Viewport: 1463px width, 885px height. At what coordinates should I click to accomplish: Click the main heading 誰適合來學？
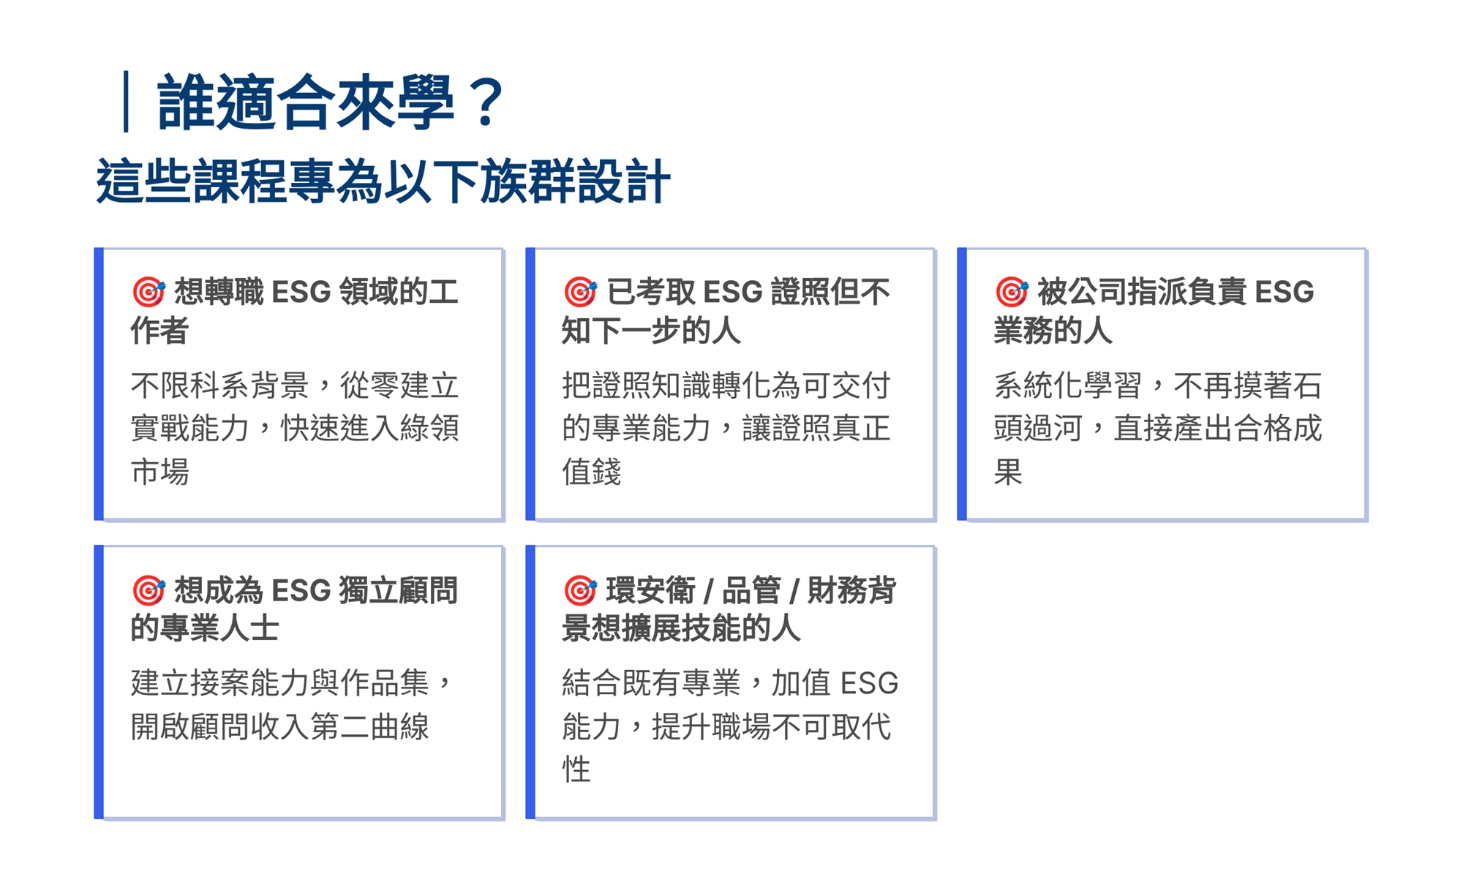pos(331,102)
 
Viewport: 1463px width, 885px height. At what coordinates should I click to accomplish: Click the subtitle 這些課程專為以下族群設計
pos(383,181)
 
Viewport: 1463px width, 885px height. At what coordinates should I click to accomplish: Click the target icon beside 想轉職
pos(148,292)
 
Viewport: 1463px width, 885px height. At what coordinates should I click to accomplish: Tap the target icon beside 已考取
pos(580,292)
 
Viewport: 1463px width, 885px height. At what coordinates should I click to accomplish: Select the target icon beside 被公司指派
pos(1012,292)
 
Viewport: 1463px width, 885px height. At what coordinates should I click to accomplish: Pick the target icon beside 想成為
pos(148,590)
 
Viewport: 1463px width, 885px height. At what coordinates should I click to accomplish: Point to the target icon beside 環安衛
pos(580,590)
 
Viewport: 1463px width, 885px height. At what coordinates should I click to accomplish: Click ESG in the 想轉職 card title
pos(301,293)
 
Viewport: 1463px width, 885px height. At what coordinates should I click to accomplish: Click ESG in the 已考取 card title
pos(733,293)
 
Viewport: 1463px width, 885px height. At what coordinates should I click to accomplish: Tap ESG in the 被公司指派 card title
pos(1285,293)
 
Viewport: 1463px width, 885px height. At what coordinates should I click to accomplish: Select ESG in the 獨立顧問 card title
pos(301,591)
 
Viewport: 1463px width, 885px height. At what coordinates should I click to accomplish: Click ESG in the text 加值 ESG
pos(870,683)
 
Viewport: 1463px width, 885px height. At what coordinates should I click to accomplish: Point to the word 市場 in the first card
pos(160,472)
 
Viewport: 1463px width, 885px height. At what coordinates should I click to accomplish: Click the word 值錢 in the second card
pos(592,472)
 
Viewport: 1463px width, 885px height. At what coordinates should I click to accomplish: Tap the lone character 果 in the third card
pos(1008,472)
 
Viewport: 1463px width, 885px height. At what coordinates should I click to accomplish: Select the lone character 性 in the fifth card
pos(576,769)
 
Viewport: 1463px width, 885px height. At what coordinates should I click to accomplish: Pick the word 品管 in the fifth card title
pos(751,591)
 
